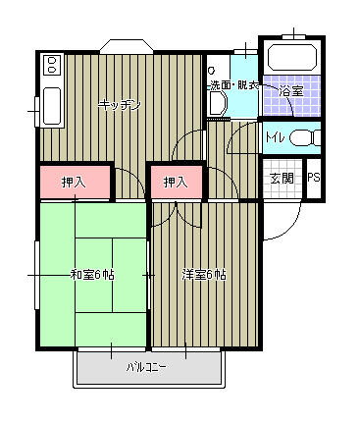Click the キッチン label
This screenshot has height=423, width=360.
coord(119,105)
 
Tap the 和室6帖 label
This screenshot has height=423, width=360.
coord(91,275)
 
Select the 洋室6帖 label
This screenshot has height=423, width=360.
coord(203,275)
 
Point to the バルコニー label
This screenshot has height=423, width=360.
coord(145,368)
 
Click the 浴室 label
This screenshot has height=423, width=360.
coord(291,91)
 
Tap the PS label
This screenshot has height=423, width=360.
coord(314,179)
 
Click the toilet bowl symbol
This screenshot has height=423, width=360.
coord(303,137)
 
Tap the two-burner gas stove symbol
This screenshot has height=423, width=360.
coord(51,66)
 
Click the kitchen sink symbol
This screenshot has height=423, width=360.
coord(50,106)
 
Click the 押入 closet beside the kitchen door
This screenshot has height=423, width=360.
coord(74,182)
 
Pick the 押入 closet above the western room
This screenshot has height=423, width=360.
coord(177,182)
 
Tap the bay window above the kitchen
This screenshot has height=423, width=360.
coord(127,45)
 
